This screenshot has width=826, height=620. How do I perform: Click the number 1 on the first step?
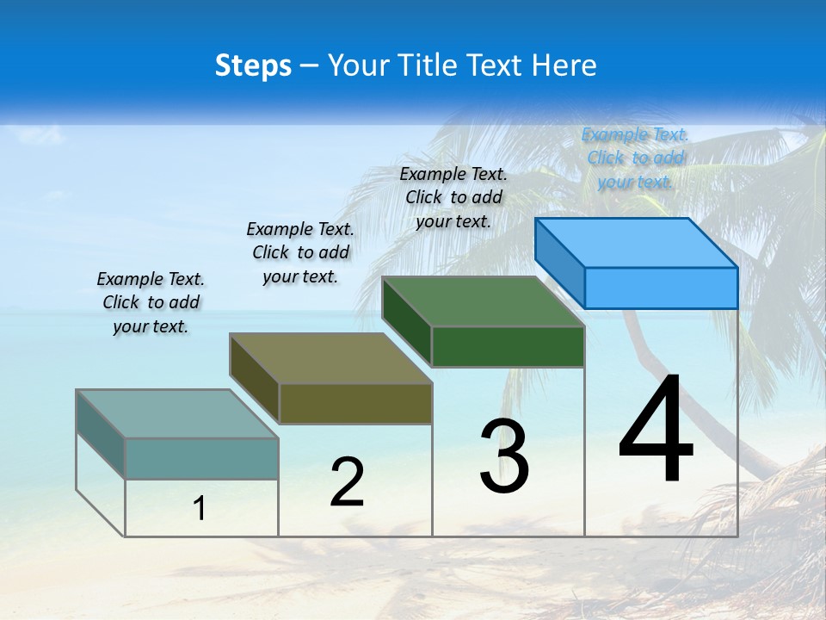pyautogui.click(x=200, y=508)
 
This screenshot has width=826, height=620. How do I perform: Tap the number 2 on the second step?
pyautogui.click(x=347, y=482)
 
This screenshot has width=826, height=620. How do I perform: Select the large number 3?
pyautogui.click(x=504, y=456)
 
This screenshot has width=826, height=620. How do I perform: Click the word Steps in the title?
pyautogui.click(x=253, y=65)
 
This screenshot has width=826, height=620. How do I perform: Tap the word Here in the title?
pyautogui.click(x=565, y=65)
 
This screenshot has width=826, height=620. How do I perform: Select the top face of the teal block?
pyautogui.click(x=176, y=413)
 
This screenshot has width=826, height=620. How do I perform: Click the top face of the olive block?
pyautogui.click(x=330, y=358)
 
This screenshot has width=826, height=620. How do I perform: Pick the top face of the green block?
pyautogui.click(x=483, y=301)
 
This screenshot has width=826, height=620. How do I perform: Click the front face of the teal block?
pyautogui.click(x=201, y=458)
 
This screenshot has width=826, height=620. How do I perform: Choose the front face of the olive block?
pyautogui.click(x=355, y=403)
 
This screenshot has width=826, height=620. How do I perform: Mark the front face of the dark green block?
pyautogui.click(x=508, y=346)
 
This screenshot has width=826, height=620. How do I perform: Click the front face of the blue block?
pyautogui.click(x=661, y=288)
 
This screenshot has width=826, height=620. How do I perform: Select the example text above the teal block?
pyautogui.click(x=151, y=303)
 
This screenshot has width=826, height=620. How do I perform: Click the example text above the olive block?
pyautogui.click(x=300, y=252)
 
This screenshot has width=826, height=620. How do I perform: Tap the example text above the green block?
pyautogui.click(x=453, y=197)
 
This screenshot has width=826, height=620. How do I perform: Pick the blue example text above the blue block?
pyautogui.click(x=635, y=158)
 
